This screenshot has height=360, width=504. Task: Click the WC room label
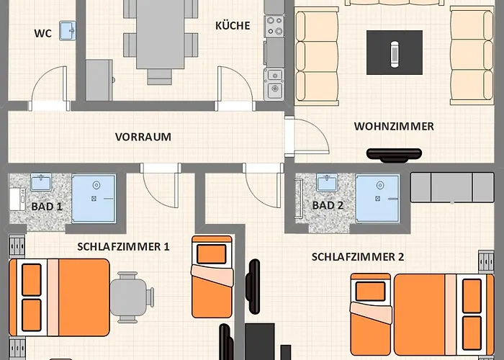pyautogui.click(x=42, y=33)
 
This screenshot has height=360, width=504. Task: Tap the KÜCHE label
pyautogui.click(x=233, y=26)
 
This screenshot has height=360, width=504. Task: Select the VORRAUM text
pyautogui.click(x=143, y=136)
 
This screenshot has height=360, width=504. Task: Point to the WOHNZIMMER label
pyautogui.click(x=394, y=127)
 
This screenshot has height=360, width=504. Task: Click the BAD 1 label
pyautogui.click(x=47, y=206)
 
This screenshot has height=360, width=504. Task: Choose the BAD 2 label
pyautogui.click(x=328, y=205)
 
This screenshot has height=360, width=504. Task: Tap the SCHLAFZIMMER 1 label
pyautogui.click(x=123, y=246)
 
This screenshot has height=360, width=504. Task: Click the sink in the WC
pyautogui.click(x=68, y=30)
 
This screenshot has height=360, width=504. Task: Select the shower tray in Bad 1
pyautogui.click(x=94, y=197)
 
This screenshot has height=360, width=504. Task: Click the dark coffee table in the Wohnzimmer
pyautogui.click(x=394, y=52)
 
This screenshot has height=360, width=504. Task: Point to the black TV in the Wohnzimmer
pyautogui.click(x=394, y=153)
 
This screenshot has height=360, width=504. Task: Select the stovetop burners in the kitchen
pyautogui.click(x=274, y=27)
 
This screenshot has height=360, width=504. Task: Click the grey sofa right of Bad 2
pyautogui.click(x=452, y=187)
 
